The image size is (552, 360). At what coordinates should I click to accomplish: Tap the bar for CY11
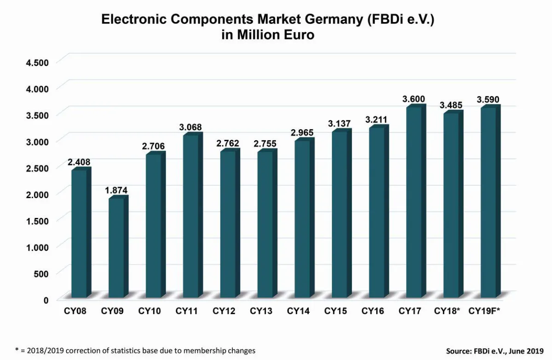190,216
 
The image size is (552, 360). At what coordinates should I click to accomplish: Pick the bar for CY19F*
488,202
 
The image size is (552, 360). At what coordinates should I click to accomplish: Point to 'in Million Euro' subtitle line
268,35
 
